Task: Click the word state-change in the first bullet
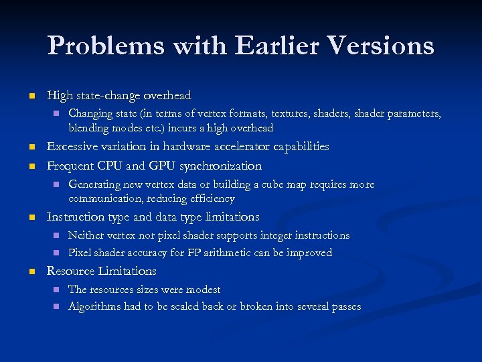click(104, 96)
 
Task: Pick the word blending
click(86, 128)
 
